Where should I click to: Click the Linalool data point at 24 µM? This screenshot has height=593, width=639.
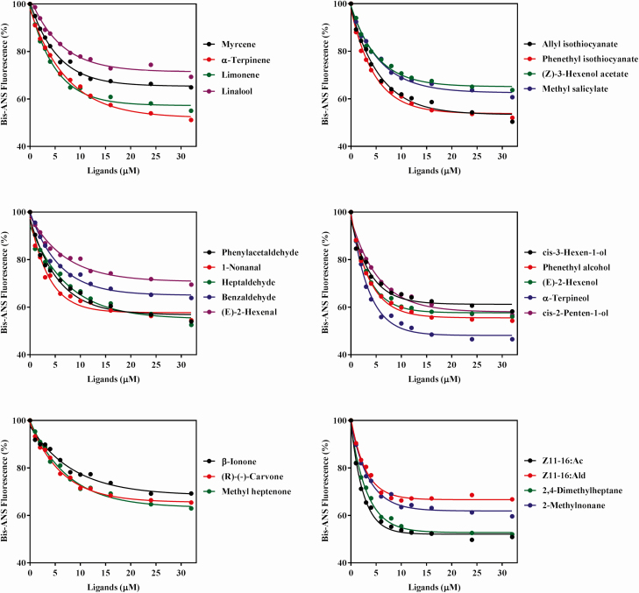151,65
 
